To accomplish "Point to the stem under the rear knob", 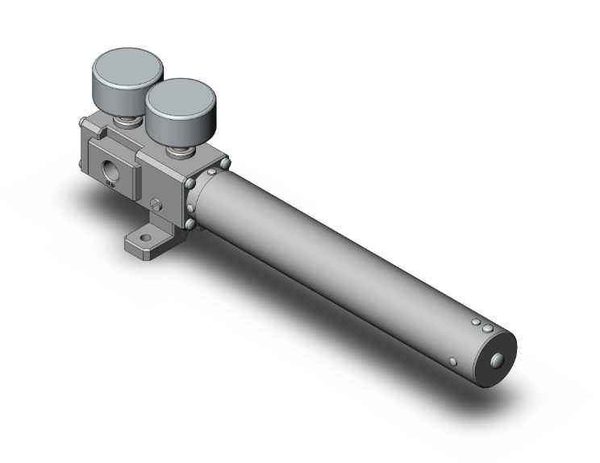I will coord(127,121).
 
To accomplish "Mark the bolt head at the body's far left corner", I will coord(83,122).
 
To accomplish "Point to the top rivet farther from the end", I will coord(477,323).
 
